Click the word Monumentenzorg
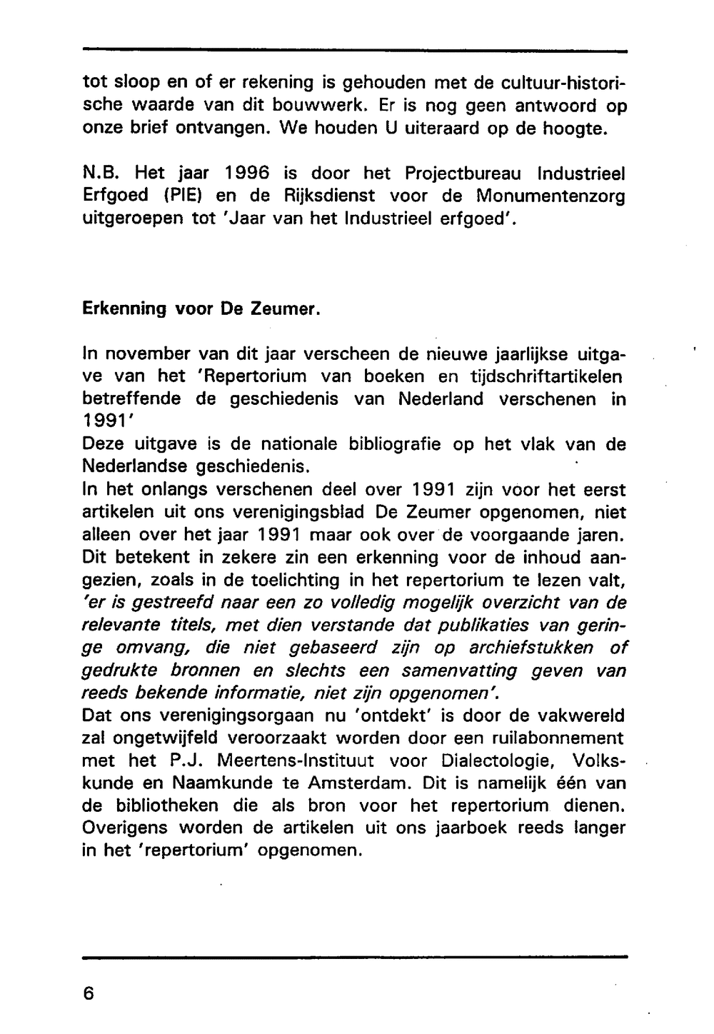coord(550,196)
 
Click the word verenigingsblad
coord(288,512)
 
